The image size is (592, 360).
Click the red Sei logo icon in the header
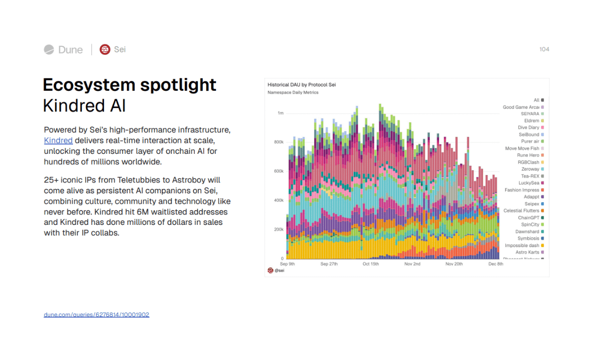coord(105,49)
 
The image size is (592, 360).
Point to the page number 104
coord(544,49)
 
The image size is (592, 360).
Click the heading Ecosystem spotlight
coord(129,85)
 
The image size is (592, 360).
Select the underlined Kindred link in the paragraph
coord(58,141)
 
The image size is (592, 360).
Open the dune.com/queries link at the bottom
coord(96,315)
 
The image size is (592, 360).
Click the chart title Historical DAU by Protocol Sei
coord(301,85)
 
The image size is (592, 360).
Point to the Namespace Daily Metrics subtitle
coord(293,92)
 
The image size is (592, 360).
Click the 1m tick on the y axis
coord(280,113)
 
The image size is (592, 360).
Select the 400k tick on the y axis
coord(279,200)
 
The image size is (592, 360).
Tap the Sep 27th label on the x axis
coord(329,264)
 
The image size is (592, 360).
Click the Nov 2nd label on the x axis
coord(412,264)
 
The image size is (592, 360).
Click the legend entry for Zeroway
coord(530,169)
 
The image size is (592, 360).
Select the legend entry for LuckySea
coord(529,183)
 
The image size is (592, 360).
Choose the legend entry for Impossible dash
coord(522,245)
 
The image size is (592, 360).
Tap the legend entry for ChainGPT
coord(528,217)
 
